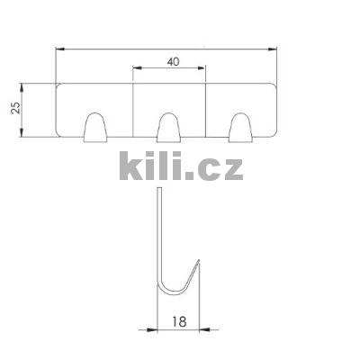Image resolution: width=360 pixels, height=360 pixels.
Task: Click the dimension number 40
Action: [x=173, y=62]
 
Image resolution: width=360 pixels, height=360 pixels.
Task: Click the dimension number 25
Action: [x=15, y=108]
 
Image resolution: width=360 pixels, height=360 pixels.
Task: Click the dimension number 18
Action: [x=179, y=321]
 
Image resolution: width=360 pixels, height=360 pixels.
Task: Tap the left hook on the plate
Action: [x=95, y=127]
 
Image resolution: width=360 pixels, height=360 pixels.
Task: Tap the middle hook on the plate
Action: [x=169, y=127]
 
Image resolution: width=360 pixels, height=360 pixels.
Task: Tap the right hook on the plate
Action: [x=240, y=127]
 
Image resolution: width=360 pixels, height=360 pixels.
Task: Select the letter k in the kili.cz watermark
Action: [x=131, y=166]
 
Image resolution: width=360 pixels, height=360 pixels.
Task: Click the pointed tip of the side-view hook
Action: [x=199, y=260]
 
